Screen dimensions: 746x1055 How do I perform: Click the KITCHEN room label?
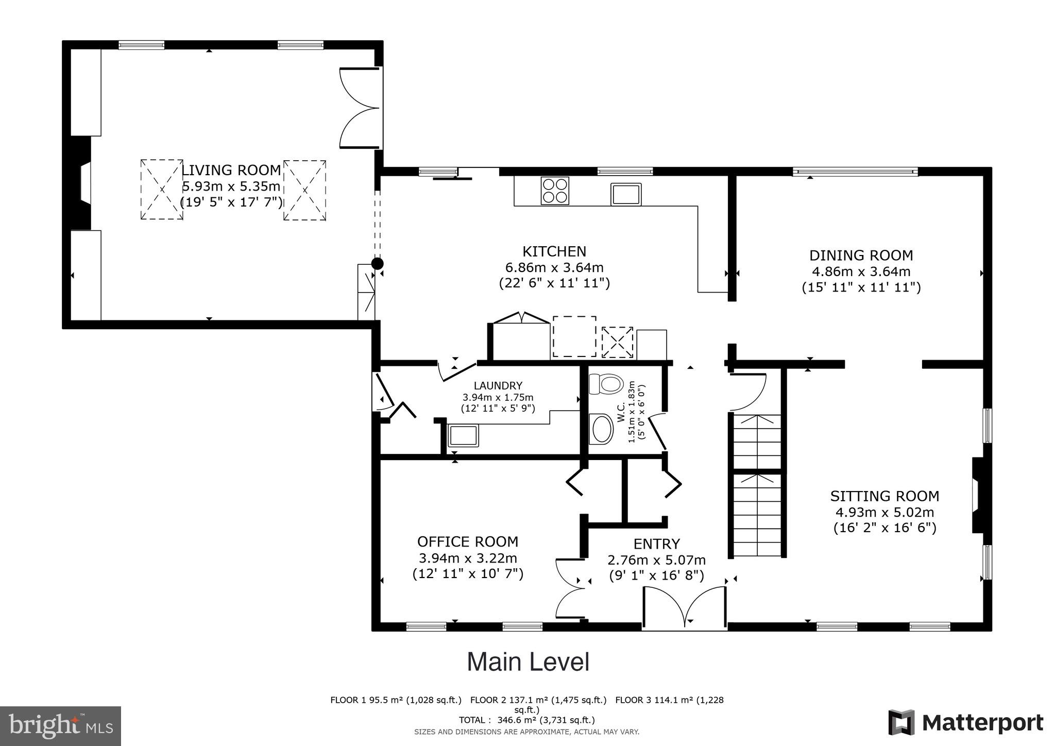pos(554,251)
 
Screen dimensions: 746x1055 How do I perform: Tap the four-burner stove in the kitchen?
pos(555,191)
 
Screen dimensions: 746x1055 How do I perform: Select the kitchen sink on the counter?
pos(626,194)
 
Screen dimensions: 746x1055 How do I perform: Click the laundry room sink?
pos(463,435)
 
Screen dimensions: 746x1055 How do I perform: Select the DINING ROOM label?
pos(861,256)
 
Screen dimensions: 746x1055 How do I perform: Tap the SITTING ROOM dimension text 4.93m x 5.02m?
pos(884,512)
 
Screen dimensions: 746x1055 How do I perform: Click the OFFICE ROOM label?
pos(467,541)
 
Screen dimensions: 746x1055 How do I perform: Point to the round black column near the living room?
pos(378,264)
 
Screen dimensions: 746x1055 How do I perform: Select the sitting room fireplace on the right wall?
pos(978,495)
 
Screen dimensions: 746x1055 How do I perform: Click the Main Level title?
pos(528,662)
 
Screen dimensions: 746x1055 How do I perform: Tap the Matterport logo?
pos(965,723)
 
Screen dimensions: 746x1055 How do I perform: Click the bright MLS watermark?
pos(61,726)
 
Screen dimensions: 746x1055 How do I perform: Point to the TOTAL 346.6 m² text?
pos(526,720)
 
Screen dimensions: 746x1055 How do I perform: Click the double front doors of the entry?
pos(685,608)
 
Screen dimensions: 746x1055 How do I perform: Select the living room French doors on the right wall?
pos(361,108)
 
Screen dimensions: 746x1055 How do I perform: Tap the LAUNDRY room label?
pos(498,385)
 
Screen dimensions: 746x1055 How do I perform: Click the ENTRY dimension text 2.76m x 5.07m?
pos(656,560)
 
